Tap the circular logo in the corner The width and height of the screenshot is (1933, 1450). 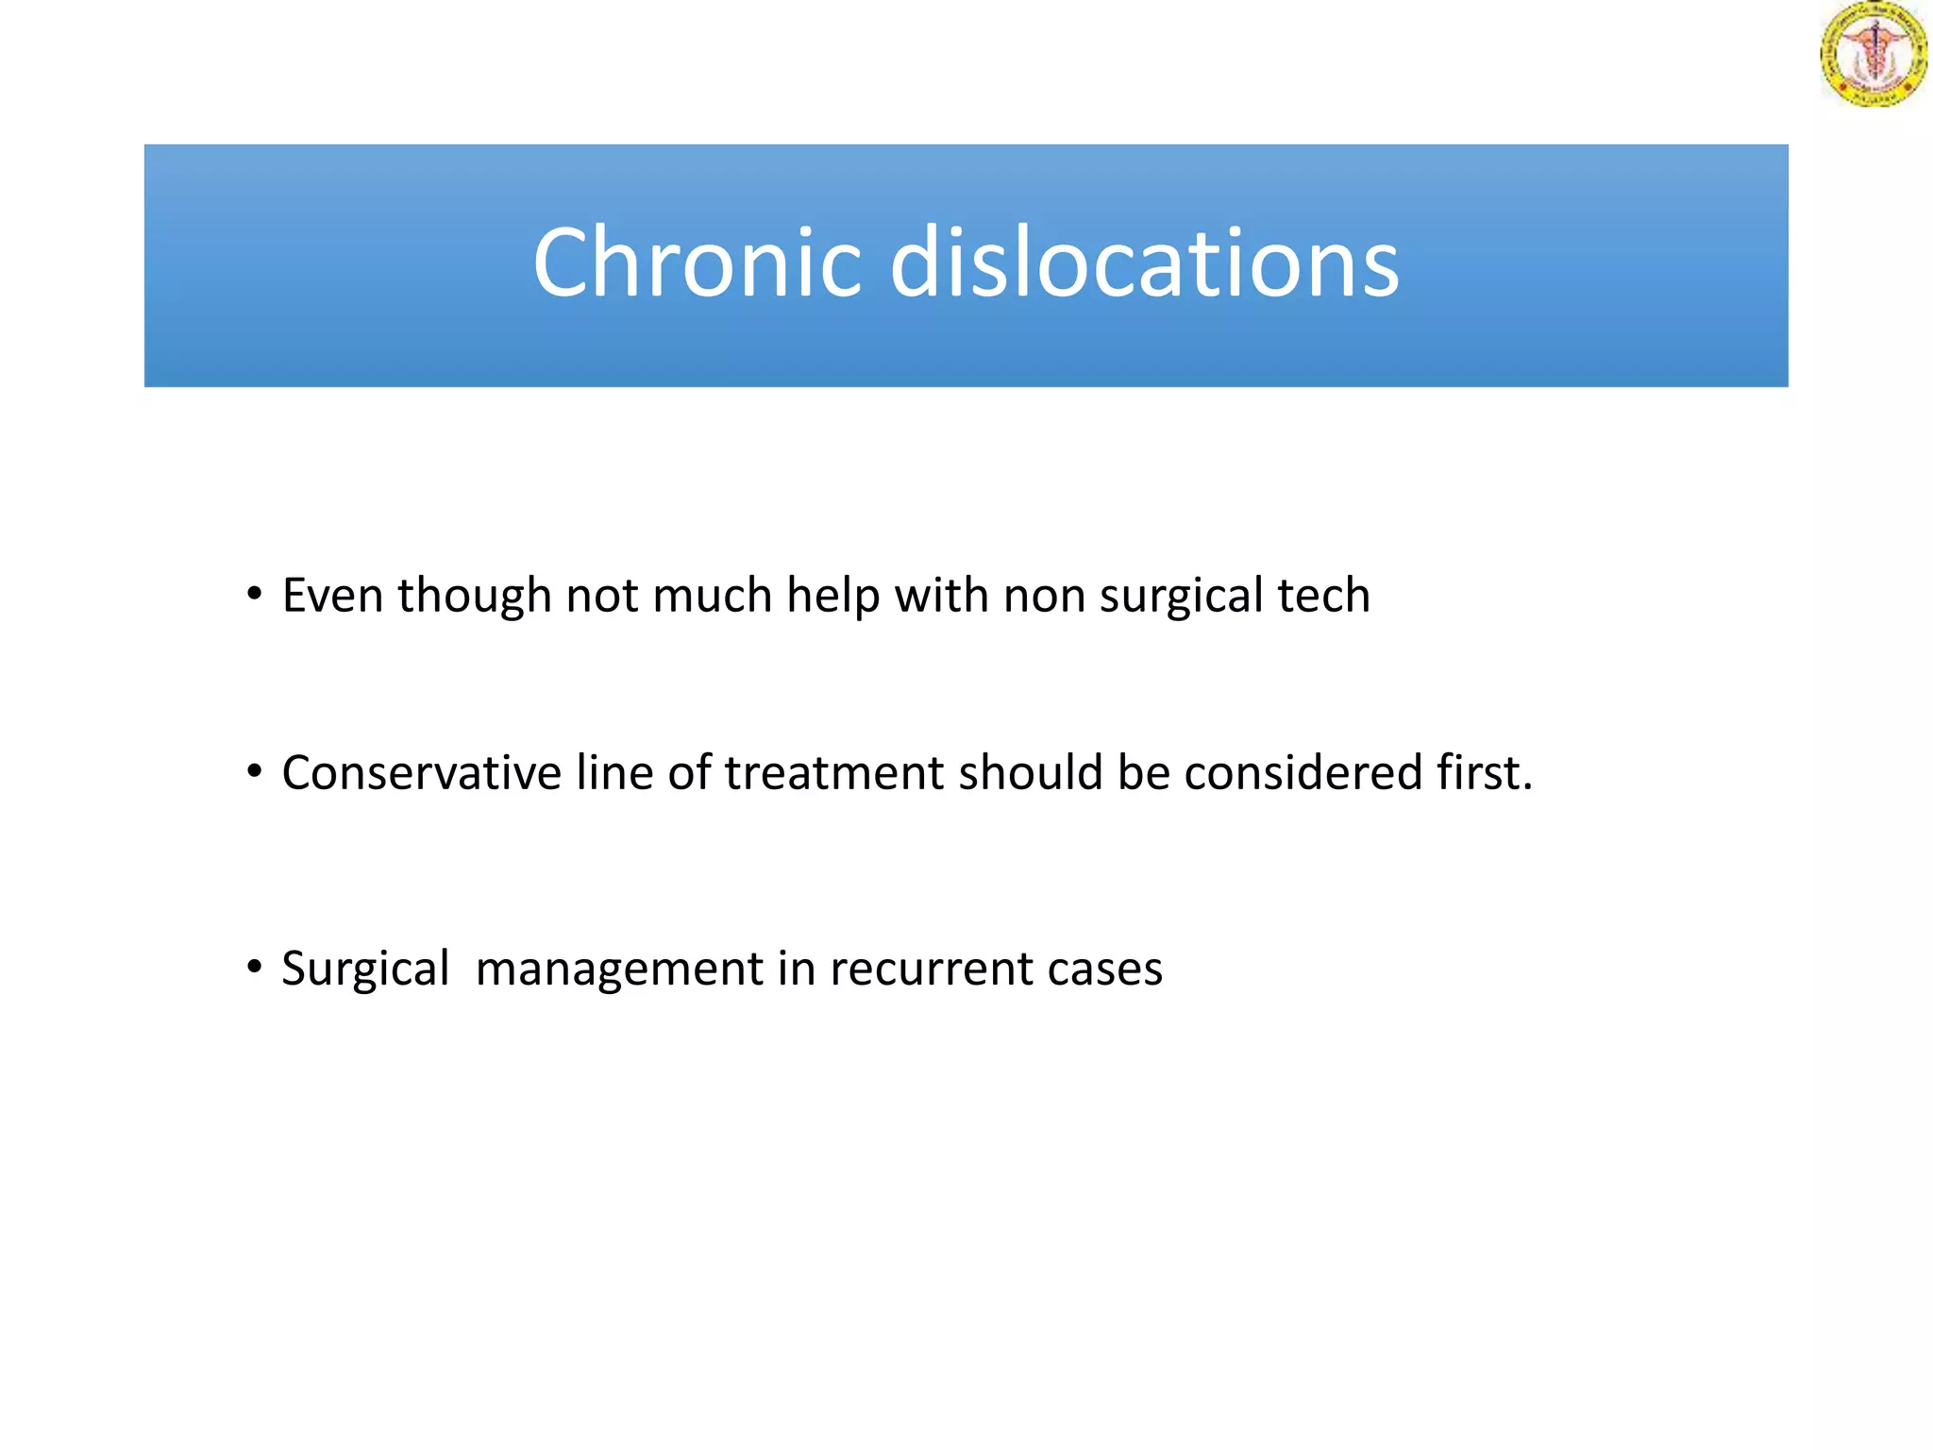tap(1873, 54)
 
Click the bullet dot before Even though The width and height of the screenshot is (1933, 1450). tap(253, 595)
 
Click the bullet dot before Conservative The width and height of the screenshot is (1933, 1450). tap(253, 772)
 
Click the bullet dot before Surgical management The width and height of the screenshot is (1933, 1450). tap(253, 968)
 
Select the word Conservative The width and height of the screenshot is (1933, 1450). tap(422, 773)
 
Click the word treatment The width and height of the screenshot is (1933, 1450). tap(833, 773)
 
